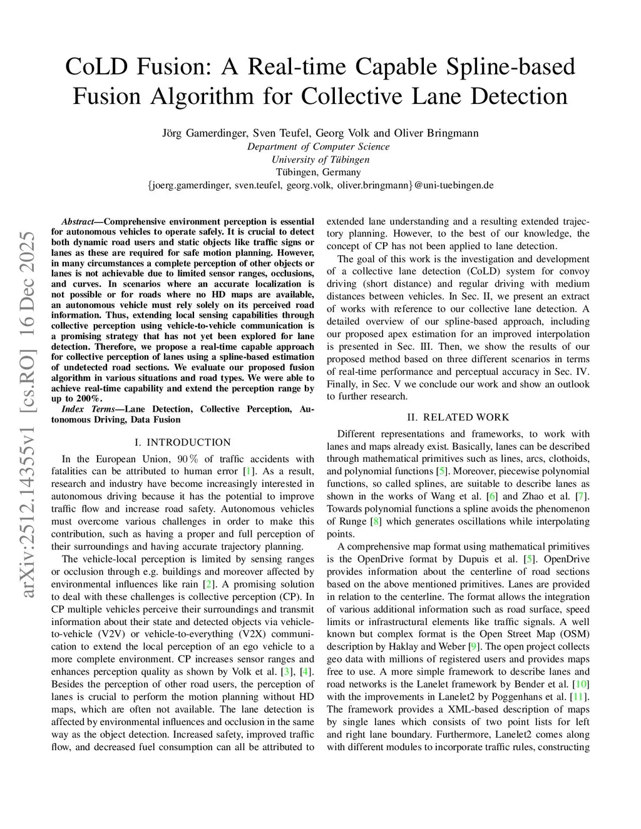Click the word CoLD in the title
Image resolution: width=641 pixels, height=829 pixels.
tap(93, 67)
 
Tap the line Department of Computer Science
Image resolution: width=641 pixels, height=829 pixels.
tap(318, 146)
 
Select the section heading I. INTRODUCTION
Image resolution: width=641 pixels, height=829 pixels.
tap(182, 442)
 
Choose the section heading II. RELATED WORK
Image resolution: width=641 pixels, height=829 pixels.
tap(458, 417)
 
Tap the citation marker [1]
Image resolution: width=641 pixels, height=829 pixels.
tap(249, 471)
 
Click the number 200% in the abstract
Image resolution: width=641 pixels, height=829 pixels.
tap(87, 399)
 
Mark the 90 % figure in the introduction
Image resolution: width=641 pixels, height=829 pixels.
tap(188, 459)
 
